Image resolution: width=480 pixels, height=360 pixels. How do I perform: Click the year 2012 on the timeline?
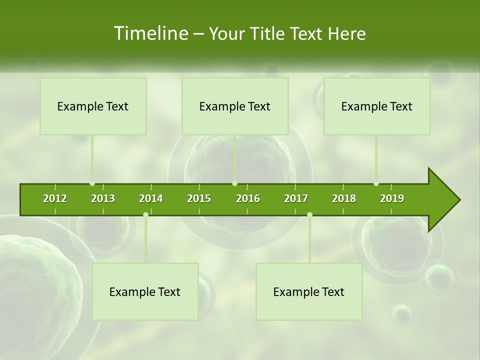coord(55,198)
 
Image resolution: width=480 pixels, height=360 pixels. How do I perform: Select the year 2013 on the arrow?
coord(103,198)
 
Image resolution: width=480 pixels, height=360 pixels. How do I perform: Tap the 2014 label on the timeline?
coord(151,198)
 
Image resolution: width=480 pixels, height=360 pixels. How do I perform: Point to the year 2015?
coord(199,198)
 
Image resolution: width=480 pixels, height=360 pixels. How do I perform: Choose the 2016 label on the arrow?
coord(248,198)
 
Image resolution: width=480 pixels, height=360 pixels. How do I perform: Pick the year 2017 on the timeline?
coord(296,198)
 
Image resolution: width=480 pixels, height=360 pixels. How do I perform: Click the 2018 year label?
coord(344,198)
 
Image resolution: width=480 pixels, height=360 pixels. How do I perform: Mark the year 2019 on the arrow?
coord(392,198)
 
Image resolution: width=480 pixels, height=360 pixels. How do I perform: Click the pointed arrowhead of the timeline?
coord(445,199)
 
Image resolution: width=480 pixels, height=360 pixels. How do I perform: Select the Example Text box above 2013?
coord(93,106)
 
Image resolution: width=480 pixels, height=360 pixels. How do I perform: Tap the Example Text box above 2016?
coord(235,106)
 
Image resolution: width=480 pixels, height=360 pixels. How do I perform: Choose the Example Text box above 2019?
coord(377,106)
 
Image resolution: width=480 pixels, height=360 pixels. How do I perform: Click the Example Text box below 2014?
coord(145,291)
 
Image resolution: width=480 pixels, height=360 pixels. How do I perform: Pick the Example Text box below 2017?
coord(309,291)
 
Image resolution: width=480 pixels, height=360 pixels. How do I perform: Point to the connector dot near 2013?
coord(92,183)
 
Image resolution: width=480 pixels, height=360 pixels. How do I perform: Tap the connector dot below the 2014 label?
coord(145,215)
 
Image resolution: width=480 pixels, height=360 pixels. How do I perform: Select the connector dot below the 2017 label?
coord(309,215)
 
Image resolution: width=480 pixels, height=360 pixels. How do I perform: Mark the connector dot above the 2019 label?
coord(376,183)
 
